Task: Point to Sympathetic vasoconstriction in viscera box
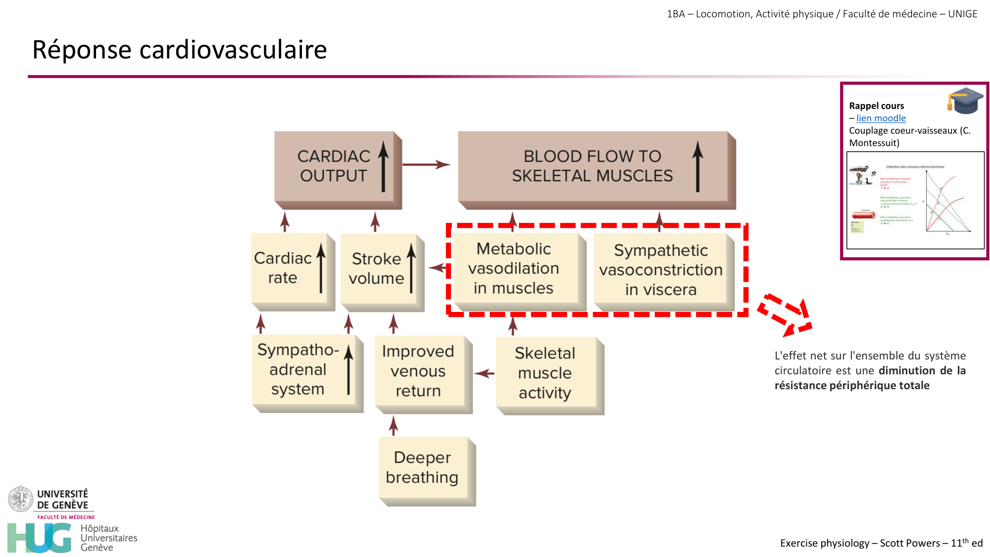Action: (661, 270)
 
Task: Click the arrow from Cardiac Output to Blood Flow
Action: (426, 164)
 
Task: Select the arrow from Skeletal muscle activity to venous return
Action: (484, 373)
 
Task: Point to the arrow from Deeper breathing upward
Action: (394, 426)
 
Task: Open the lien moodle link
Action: (881, 118)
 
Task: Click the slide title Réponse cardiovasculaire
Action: (180, 50)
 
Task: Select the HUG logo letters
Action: (40, 538)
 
